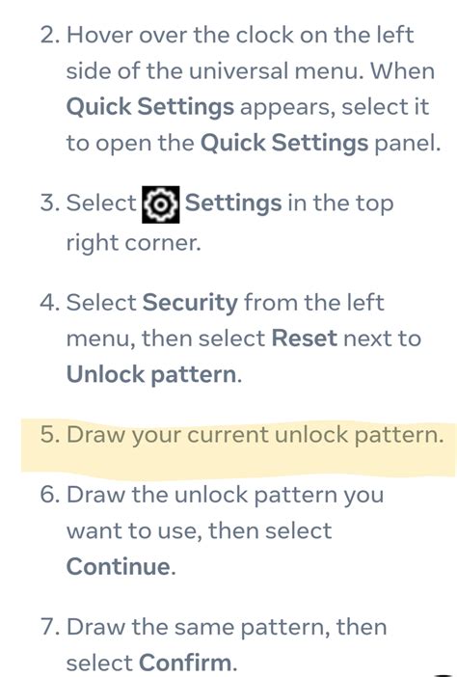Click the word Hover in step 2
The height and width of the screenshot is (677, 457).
[x=99, y=36]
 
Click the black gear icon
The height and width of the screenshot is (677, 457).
[x=160, y=204]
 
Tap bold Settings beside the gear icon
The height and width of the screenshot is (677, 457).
[x=233, y=203]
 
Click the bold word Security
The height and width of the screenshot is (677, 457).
[x=190, y=303]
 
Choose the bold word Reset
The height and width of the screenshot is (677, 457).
[x=305, y=338]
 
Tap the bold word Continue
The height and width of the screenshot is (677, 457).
[x=120, y=566]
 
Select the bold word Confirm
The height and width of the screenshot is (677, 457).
[x=186, y=663]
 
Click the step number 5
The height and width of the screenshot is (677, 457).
[x=49, y=434]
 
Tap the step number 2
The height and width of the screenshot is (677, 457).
[x=49, y=36]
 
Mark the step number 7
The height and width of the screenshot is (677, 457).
[x=49, y=627]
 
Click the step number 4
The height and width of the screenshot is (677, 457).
[x=49, y=303]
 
